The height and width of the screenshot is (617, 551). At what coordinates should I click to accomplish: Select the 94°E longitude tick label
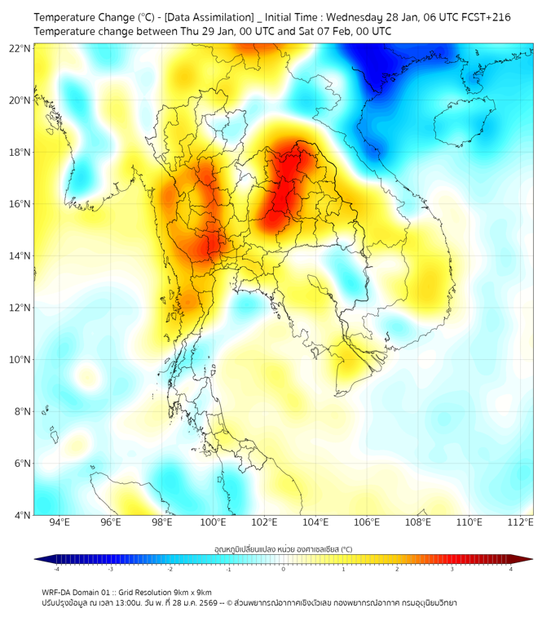(60, 522)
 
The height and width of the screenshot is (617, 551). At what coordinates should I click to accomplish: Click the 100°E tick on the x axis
(214, 522)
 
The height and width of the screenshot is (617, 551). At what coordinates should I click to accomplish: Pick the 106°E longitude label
(367, 522)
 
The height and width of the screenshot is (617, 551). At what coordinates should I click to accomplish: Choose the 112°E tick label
(520, 522)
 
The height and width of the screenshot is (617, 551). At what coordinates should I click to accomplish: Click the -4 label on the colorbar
(56, 569)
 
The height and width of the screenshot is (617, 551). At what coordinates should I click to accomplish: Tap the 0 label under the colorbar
(284, 569)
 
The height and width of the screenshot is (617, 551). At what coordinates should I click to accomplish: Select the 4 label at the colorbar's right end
(511, 569)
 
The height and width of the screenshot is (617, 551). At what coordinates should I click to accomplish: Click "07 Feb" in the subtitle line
(315, 31)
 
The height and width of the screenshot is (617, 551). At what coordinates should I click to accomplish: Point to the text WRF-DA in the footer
(57, 593)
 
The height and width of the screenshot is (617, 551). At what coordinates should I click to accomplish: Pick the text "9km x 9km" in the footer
(192, 593)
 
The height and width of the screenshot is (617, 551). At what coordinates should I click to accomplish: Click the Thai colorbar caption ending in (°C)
(283, 549)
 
